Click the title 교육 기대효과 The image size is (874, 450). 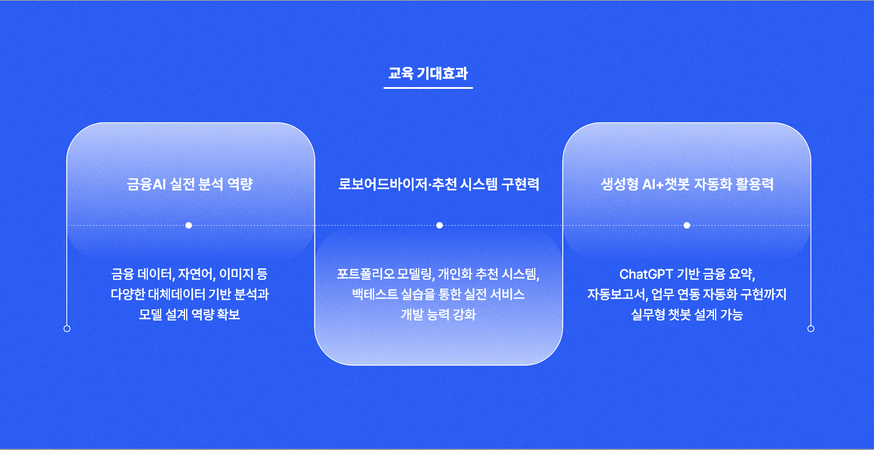(x=428, y=73)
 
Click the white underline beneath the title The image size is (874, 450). (x=428, y=88)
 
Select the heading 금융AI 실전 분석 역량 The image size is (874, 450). (x=190, y=184)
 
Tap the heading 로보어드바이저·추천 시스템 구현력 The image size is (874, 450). (x=438, y=184)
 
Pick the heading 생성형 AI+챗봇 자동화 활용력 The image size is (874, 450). (x=687, y=184)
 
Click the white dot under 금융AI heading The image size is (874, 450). (x=188, y=225)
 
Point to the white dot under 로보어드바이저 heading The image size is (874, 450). (x=440, y=225)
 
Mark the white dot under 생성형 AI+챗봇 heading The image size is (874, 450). (x=687, y=225)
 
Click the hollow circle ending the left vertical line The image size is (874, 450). (x=67, y=329)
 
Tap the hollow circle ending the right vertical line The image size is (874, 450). (x=811, y=329)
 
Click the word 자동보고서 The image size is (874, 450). (x=617, y=294)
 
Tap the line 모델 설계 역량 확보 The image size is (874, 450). (x=190, y=315)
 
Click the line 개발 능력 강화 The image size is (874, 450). (x=438, y=315)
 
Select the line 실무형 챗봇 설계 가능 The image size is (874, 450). (x=687, y=315)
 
